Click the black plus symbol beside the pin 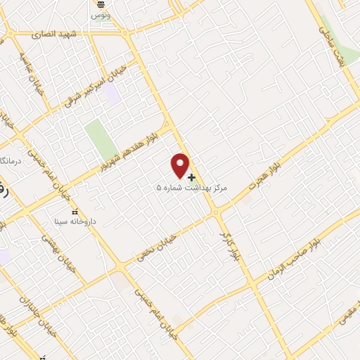click(192, 176)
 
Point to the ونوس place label click(100, 15)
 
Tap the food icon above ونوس click(100, 5)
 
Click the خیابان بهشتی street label click(52, 247)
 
